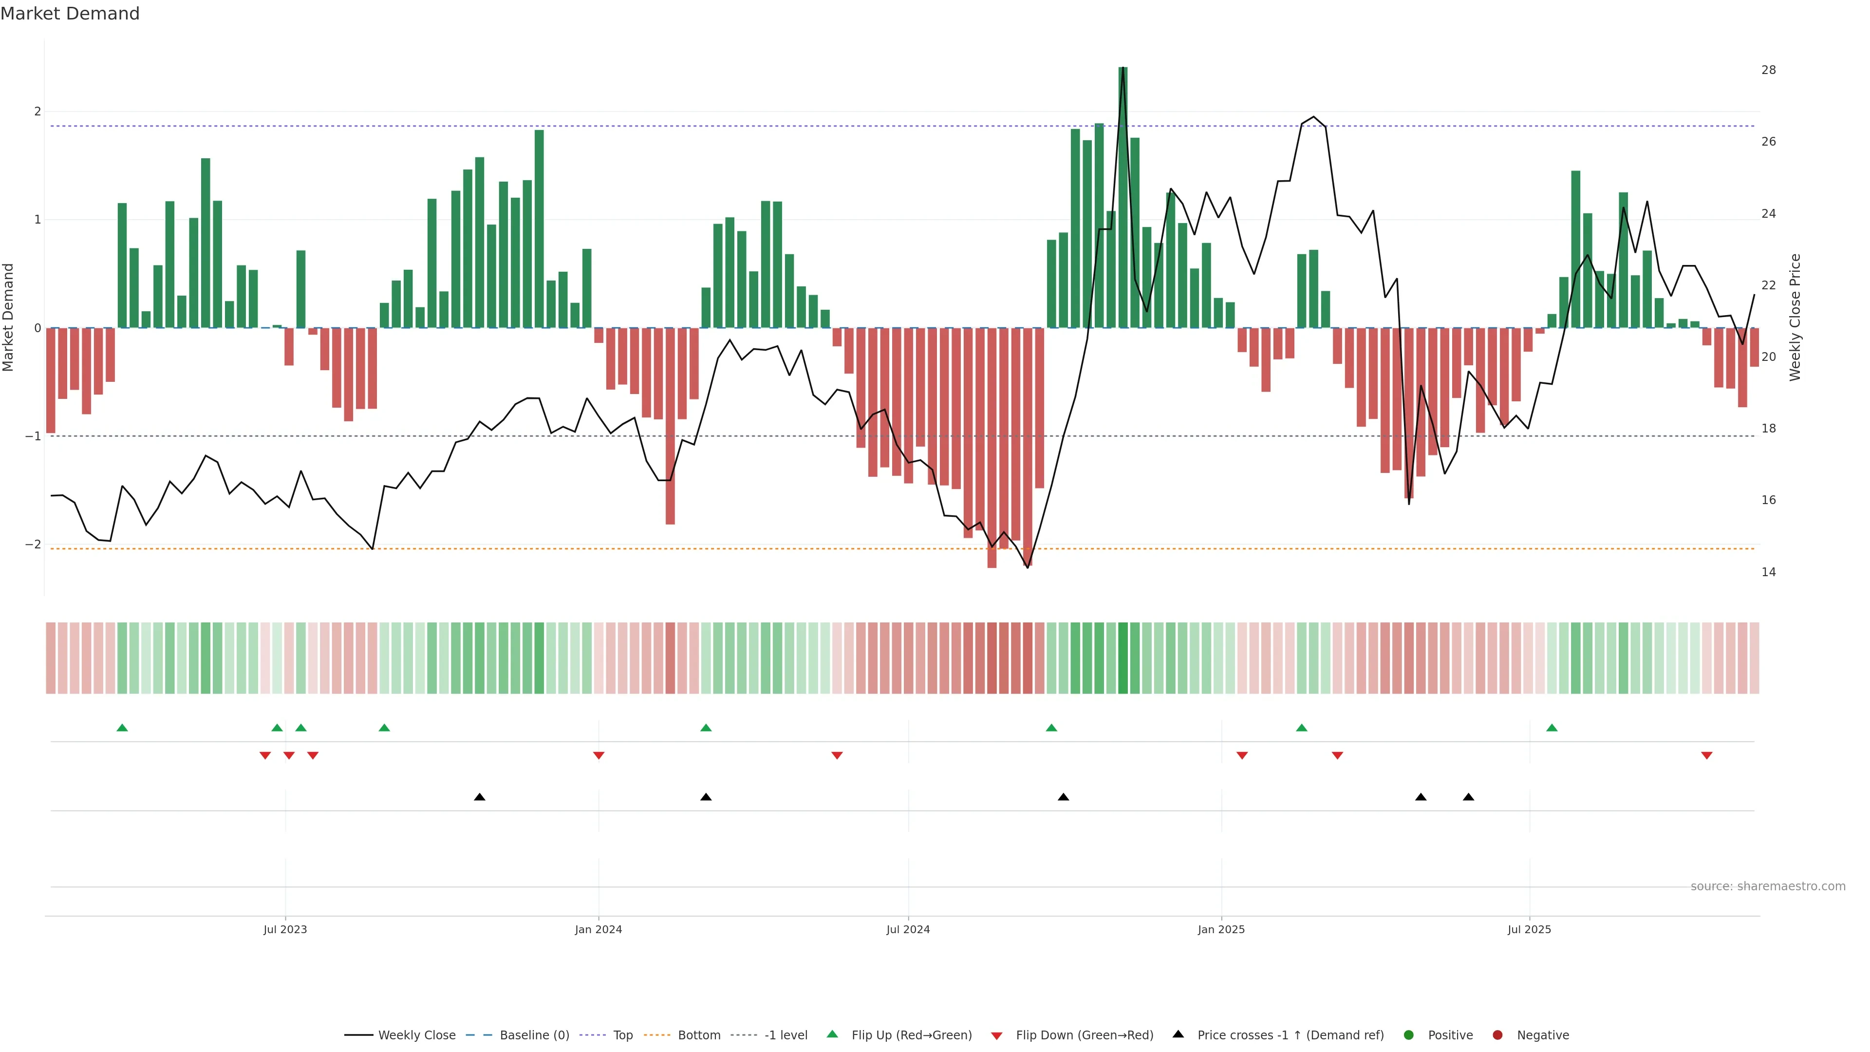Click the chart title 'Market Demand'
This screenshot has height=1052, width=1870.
coord(70,14)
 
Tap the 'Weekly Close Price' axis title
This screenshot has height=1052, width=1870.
coord(1795,317)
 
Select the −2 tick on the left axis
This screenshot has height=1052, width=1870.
coord(33,545)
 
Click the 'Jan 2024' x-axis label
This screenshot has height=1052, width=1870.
coord(598,929)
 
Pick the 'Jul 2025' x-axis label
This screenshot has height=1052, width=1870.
coord(1529,929)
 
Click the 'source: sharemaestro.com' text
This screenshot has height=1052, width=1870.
coord(1768,886)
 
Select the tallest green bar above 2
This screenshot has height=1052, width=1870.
coord(1123,196)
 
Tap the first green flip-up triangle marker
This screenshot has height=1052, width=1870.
coord(122,728)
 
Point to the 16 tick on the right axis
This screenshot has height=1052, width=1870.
coord(1768,500)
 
